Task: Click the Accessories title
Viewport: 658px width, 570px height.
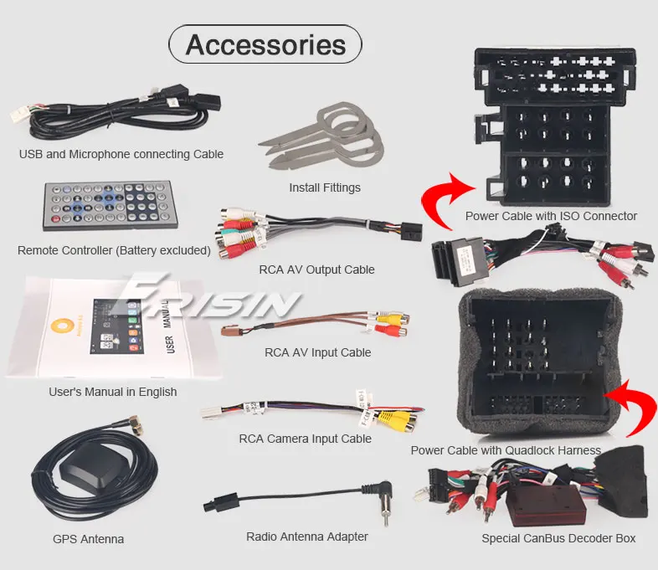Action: (265, 44)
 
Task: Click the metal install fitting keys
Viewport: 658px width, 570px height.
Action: (318, 133)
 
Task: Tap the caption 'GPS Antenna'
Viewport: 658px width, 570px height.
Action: (88, 539)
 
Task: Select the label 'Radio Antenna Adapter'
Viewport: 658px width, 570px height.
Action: (307, 537)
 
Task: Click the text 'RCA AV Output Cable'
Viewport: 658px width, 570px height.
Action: (317, 270)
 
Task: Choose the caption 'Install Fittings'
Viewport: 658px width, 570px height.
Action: (325, 187)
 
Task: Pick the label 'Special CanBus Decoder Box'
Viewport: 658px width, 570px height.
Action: (558, 538)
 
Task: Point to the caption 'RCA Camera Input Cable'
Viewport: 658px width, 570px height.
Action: (306, 438)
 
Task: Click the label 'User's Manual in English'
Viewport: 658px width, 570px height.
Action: (113, 391)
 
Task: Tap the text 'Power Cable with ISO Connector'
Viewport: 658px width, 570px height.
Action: (551, 216)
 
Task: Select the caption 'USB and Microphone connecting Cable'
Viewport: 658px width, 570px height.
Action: (121, 154)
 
